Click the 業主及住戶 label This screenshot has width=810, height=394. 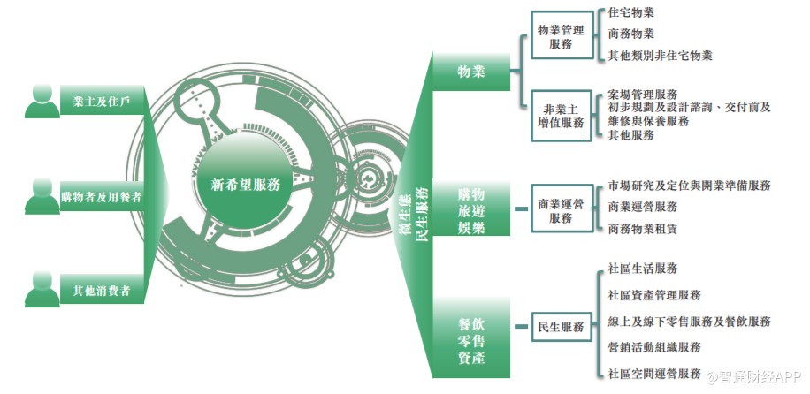pyautogui.click(x=102, y=102)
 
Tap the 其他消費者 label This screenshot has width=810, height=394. pyautogui.click(x=102, y=289)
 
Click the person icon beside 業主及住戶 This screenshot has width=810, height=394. pyautogui.click(x=42, y=101)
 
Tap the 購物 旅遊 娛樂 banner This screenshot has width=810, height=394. pyautogui.click(x=471, y=209)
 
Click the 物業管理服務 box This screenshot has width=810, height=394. pyautogui.click(x=560, y=36)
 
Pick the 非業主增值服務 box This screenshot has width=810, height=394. pyautogui.click(x=560, y=116)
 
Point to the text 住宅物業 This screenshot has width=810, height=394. pyautogui.click(x=631, y=14)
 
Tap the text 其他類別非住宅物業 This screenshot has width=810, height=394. pyautogui.click(x=661, y=56)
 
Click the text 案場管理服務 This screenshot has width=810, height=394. pyautogui.click(x=643, y=94)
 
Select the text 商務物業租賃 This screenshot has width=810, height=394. pyautogui.click(x=643, y=228)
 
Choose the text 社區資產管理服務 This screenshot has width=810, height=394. pyautogui.click(x=654, y=295)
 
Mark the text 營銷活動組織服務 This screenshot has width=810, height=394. pyautogui.click(x=654, y=347)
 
